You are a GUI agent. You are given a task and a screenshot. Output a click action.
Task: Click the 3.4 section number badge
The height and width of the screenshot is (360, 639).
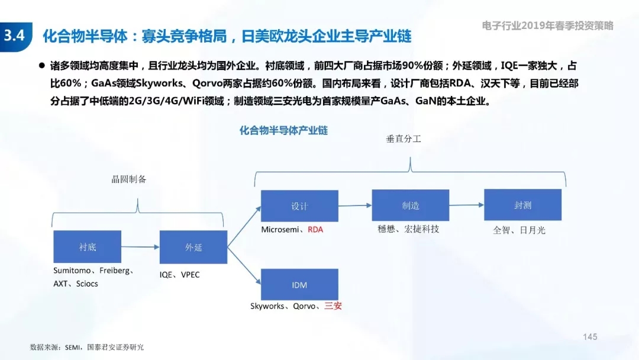pos(15,37)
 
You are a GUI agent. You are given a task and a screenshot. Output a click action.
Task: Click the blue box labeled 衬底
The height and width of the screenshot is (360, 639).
pos(87,247)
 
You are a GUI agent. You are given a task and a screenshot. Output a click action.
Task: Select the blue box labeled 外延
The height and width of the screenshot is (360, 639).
pos(193,247)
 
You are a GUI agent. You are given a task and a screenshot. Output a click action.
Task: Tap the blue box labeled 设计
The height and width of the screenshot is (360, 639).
pos(299,206)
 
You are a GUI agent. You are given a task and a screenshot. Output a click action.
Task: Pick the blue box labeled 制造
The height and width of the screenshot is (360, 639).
pos(411,205)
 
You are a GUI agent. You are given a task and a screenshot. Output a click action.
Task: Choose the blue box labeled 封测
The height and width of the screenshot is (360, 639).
pos(523,205)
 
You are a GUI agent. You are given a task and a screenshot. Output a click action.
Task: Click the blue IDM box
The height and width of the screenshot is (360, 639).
pos(299,285)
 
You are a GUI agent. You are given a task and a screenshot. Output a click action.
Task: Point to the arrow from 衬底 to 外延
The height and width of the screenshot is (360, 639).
pos(140,247)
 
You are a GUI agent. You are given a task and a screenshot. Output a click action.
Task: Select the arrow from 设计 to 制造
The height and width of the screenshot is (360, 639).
pos(355,205)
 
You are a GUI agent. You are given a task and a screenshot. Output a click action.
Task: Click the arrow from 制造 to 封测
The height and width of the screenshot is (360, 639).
pos(467,205)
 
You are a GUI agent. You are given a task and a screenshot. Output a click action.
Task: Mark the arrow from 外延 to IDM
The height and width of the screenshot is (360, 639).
pos(244,265)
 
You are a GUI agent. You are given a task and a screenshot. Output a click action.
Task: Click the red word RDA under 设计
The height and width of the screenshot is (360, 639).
pos(315,230)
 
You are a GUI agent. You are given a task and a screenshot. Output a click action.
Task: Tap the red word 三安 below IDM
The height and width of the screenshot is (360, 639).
pos(333,306)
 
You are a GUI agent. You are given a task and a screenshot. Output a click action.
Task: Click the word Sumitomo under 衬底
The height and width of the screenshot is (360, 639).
pos(72,271)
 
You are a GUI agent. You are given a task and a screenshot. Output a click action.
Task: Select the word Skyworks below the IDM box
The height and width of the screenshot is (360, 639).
pos(267,306)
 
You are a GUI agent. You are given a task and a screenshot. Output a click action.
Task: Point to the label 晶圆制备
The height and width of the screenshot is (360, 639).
pos(129,179)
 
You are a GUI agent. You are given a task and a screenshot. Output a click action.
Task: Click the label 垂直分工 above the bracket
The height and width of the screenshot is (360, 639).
pos(404,139)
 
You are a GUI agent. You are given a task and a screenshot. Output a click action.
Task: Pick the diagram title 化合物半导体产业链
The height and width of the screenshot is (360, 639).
pos(283,130)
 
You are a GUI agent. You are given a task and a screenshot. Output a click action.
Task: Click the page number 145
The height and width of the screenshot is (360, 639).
pos(590,337)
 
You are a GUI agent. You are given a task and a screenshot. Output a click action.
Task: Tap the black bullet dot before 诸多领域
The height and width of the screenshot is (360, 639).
pos(41,65)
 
